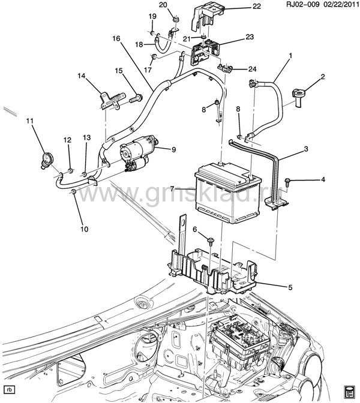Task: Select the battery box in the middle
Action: [x=228, y=192]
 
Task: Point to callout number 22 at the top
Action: [x=256, y=6]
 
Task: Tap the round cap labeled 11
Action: [x=47, y=160]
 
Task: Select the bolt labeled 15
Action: [x=136, y=98]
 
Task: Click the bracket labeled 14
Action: [x=111, y=101]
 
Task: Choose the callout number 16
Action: [x=116, y=38]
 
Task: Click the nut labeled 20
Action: [x=176, y=19]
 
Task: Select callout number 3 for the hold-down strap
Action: [x=306, y=149]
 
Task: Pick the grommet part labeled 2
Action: [x=298, y=98]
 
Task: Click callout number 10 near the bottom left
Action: [x=85, y=228]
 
